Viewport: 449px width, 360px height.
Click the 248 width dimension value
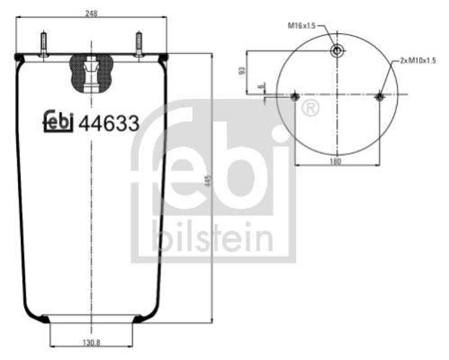pyautogui.click(x=91, y=13)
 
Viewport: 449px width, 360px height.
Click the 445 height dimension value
pyautogui.click(x=208, y=181)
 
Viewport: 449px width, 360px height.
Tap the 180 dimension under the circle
pyautogui.click(x=336, y=161)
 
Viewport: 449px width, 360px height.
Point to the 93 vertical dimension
pyautogui.click(x=242, y=71)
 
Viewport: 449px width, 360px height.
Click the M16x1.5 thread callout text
pyautogui.click(x=303, y=25)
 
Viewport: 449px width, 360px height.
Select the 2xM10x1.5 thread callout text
pyautogui.click(x=418, y=60)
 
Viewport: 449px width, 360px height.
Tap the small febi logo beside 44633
pyautogui.click(x=58, y=121)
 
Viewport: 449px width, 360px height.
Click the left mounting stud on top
pyautogui.click(x=43, y=44)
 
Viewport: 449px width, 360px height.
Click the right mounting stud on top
pyautogui.click(x=139, y=44)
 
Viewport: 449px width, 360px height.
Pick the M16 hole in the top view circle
pyautogui.click(x=337, y=51)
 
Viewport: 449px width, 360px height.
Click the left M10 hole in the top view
pyautogui.click(x=296, y=97)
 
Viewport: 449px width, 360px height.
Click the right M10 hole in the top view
pyautogui.click(x=379, y=97)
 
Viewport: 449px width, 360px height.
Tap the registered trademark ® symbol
pyautogui.click(x=309, y=107)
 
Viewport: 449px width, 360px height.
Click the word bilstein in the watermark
pyautogui.click(x=212, y=237)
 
